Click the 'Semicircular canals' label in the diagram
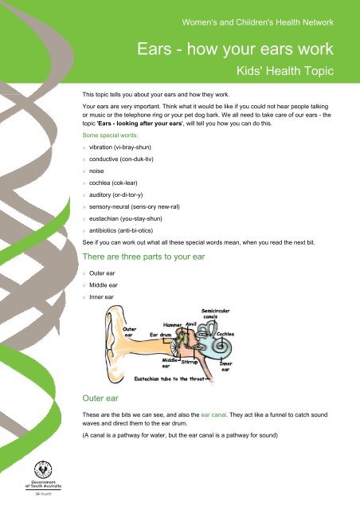(x=217, y=312)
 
